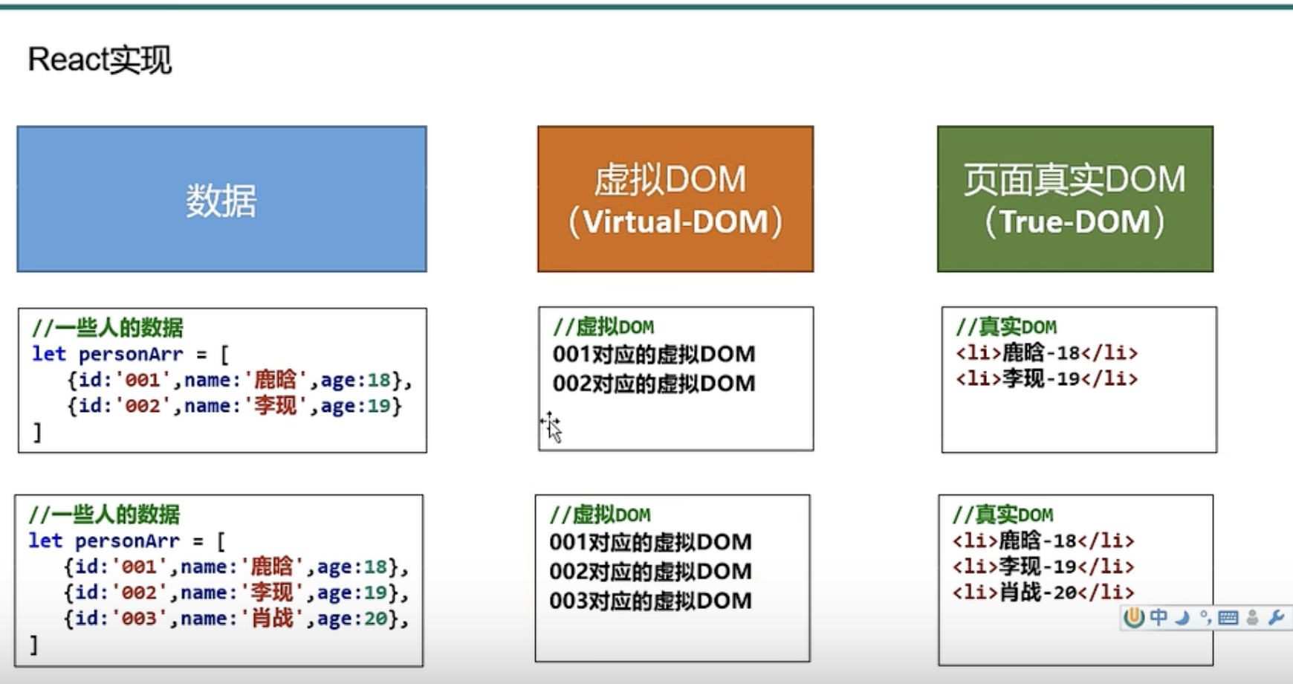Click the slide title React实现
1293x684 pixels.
(x=100, y=59)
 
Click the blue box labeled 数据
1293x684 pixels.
(x=221, y=199)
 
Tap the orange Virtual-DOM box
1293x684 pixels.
(x=675, y=199)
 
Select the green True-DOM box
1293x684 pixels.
(x=1075, y=199)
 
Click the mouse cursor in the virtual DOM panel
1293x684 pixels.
(x=552, y=427)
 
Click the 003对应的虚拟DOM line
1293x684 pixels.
(x=650, y=601)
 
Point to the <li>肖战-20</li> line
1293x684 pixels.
(x=1043, y=593)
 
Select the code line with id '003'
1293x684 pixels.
(x=236, y=619)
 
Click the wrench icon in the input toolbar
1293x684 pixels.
(x=1276, y=618)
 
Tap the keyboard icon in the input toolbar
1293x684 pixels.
(x=1228, y=618)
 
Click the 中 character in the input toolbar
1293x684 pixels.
(x=1158, y=618)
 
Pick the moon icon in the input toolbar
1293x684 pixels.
(x=1182, y=618)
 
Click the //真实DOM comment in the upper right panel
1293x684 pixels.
(x=1005, y=327)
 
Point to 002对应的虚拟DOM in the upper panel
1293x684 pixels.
(x=653, y=384)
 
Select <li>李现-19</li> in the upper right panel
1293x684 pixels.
(x=1046, y=379)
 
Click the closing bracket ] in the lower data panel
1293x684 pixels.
(x=33, y=645)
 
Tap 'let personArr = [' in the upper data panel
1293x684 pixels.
(x=130, y=355)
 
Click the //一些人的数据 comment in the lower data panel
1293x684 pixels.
(x=104, y=514)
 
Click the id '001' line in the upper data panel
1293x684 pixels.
(x=239, y=381)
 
